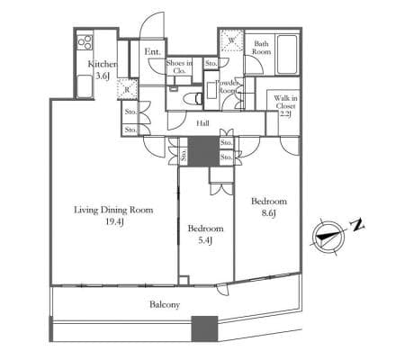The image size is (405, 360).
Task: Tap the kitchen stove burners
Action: (85, 42)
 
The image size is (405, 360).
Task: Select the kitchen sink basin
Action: (85, 86)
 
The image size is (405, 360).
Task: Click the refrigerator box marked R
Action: (128, 89)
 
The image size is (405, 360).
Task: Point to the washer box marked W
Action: (231, 40)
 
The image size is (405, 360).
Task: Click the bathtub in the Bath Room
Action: (287, 55)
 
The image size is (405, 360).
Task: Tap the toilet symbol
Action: (193, 98)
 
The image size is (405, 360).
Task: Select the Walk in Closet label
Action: (285, 106)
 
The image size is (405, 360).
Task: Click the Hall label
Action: (202, 123)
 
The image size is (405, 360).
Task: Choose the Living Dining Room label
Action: (113, 210)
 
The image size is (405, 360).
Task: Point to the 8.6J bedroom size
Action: (269, 213)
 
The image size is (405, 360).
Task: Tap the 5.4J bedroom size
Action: (205, 240)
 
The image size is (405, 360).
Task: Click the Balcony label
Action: (165, 304)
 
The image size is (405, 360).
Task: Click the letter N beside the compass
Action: (357, 225)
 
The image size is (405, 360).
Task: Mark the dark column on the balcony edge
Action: (204, 328)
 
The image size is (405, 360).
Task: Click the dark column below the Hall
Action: (203, 151)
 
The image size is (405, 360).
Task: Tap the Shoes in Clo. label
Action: (179, 67)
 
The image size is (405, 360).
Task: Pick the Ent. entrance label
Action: (152, 51)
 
